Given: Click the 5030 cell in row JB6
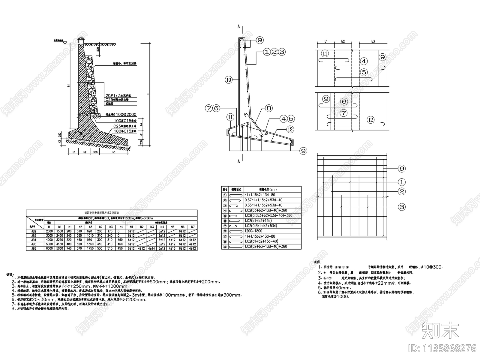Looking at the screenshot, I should (x=60, y=248).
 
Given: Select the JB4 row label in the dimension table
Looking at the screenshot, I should (x=34, y=240).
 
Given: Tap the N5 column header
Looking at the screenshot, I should (x=172, y=227).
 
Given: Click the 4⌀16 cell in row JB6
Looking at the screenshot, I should (x=172, y=248).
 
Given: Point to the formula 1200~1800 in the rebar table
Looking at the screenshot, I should (x=253, y=231).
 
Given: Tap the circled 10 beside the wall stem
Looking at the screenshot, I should (x=229, y=80).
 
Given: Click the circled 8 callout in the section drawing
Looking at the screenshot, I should (x=268, y=108).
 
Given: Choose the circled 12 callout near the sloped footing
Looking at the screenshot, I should (x=290, y=129).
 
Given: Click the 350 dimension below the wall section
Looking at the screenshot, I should (x=95, y=152).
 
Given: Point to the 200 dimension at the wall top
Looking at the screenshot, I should (x=81, y=38).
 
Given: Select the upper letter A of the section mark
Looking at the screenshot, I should (x=239, y=27).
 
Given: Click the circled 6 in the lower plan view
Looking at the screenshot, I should (x=344, y=102).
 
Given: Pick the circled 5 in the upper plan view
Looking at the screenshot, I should (x=364, y=72).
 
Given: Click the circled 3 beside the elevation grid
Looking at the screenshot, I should (x=401, y=207).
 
